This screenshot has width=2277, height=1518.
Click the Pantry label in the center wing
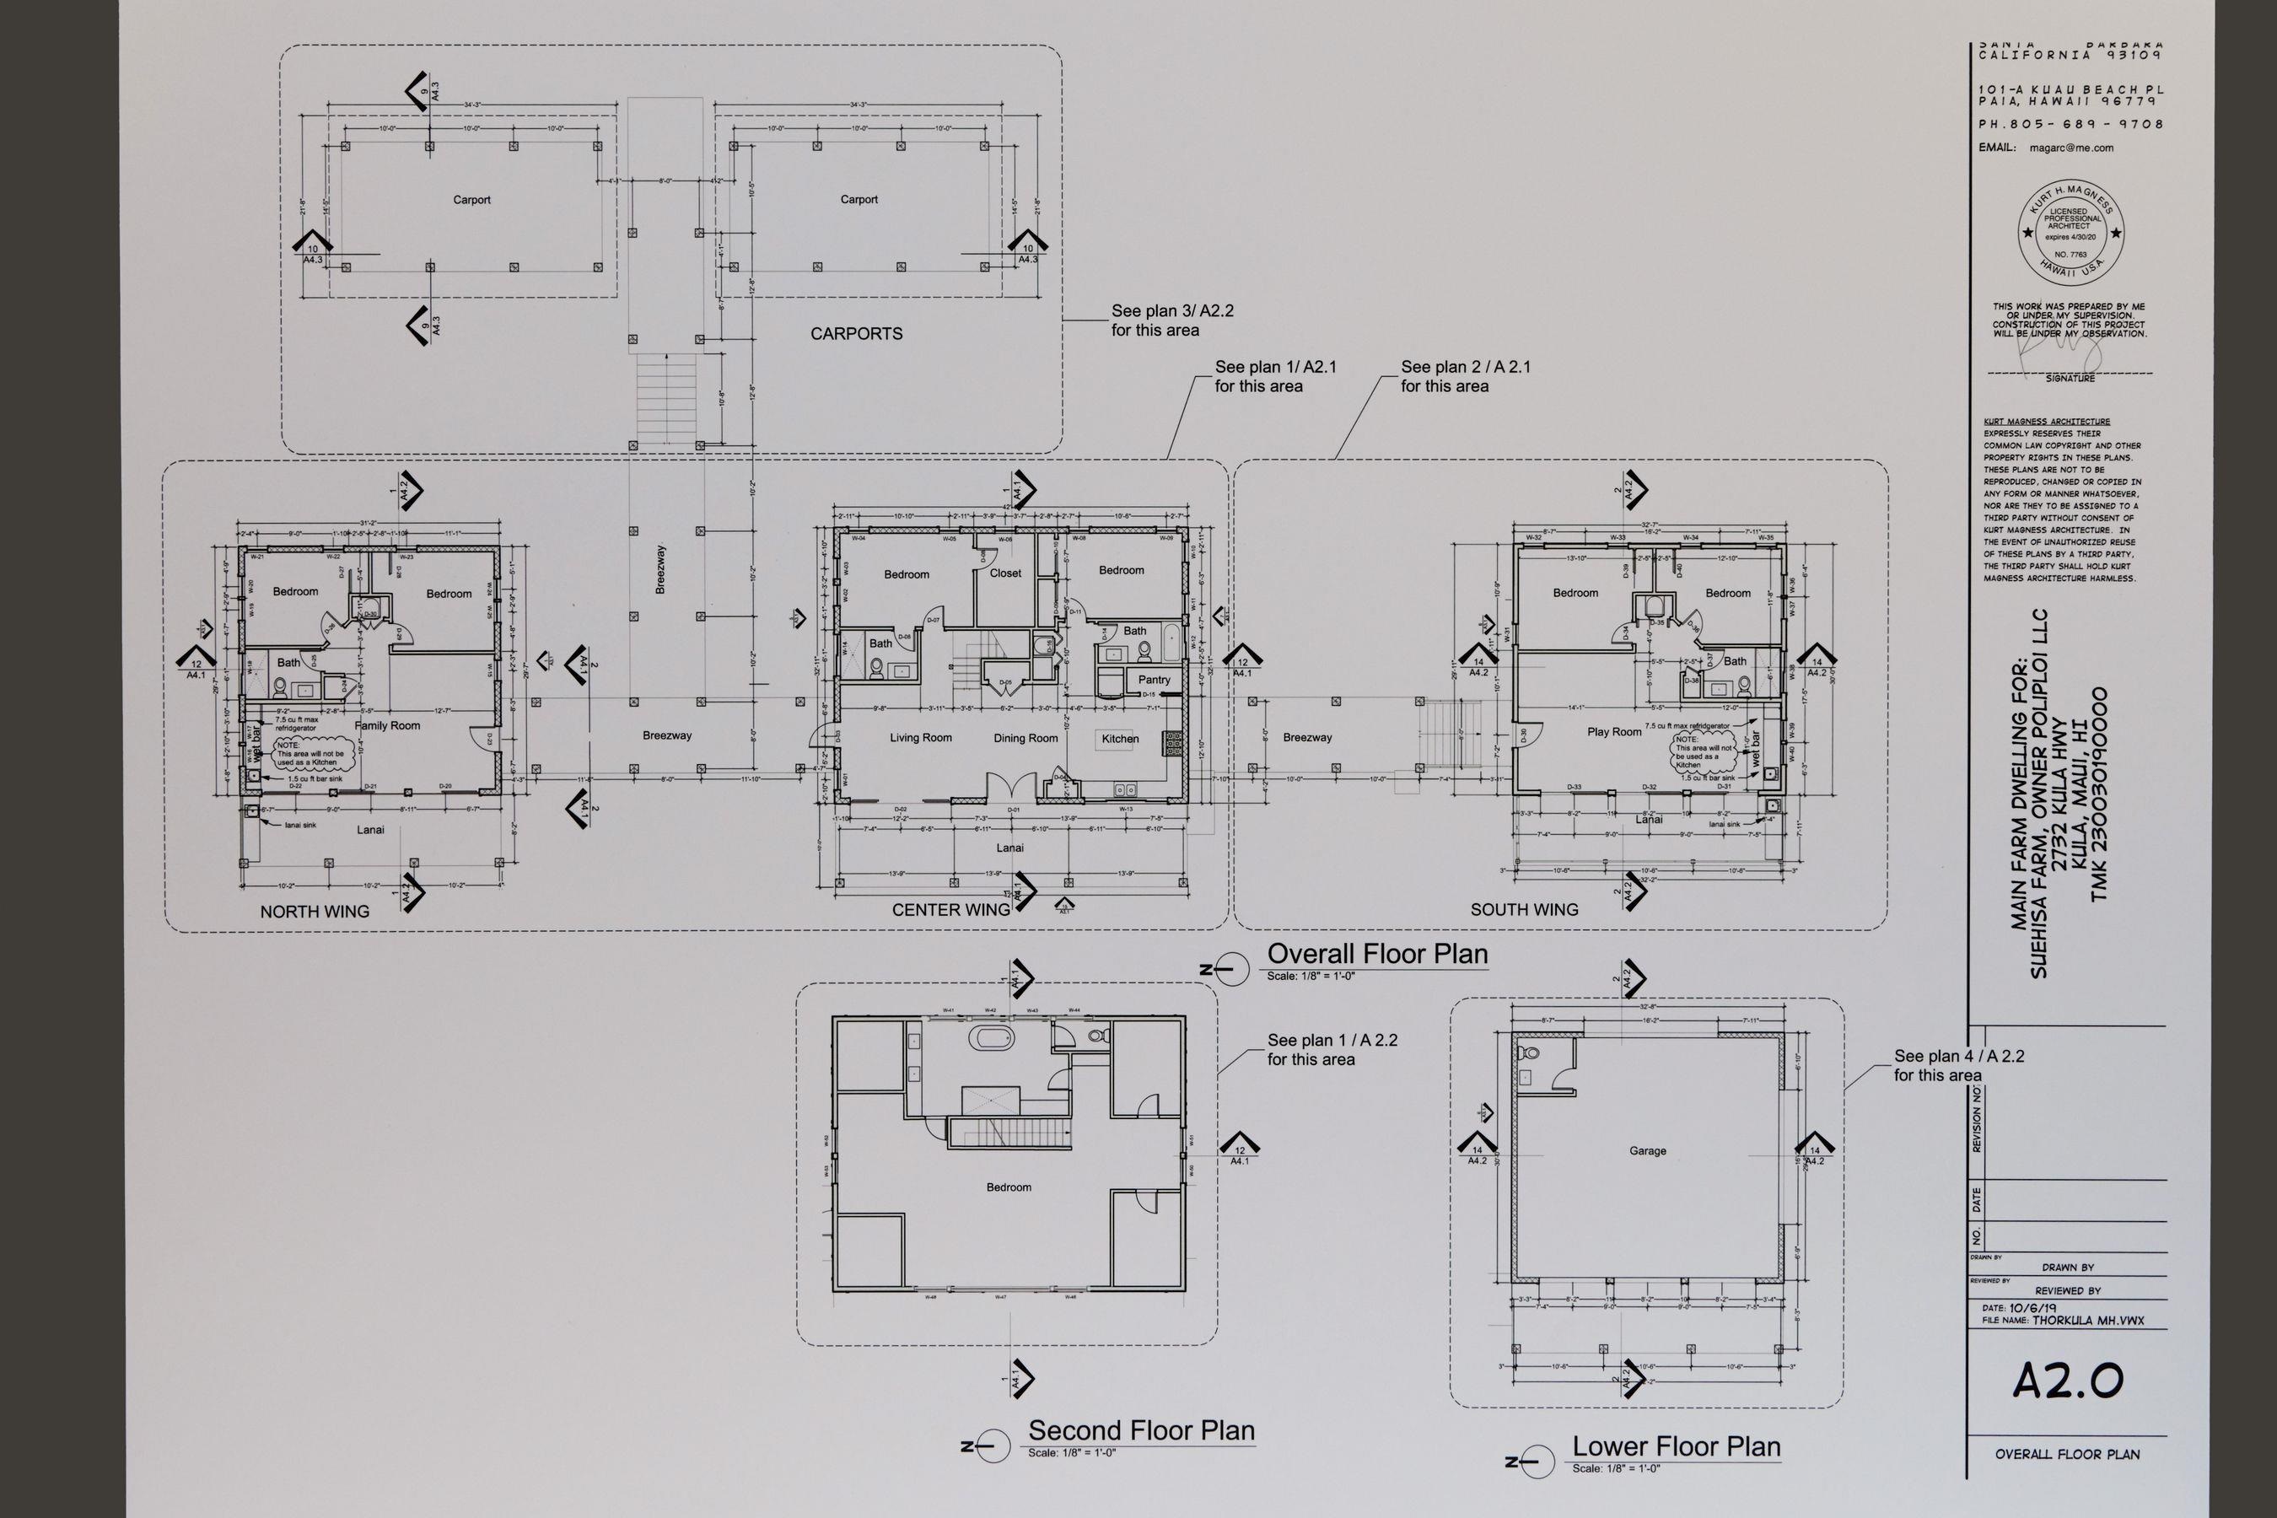click(1154, 680)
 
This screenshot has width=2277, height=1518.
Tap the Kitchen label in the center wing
click(1120, 739)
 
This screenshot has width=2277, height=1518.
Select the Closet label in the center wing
click(1005, 573)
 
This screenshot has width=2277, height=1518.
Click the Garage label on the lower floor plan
click(1648, 1151)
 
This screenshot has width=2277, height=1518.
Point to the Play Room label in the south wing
click(1614, 732)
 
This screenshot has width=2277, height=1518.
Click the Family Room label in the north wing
click(387, 725)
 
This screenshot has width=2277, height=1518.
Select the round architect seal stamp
click(2070, 234)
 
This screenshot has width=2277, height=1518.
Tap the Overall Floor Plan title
click(1376, 955)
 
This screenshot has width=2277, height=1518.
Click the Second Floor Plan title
click(1140, 1430)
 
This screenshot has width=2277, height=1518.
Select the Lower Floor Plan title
click(1676, 1446)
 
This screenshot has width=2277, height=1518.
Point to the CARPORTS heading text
click(856, 334)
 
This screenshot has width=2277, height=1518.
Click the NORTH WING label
click(315, 912)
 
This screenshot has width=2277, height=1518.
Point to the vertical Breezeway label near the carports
click(660, 569)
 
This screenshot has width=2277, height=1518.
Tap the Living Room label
click(921, 738)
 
